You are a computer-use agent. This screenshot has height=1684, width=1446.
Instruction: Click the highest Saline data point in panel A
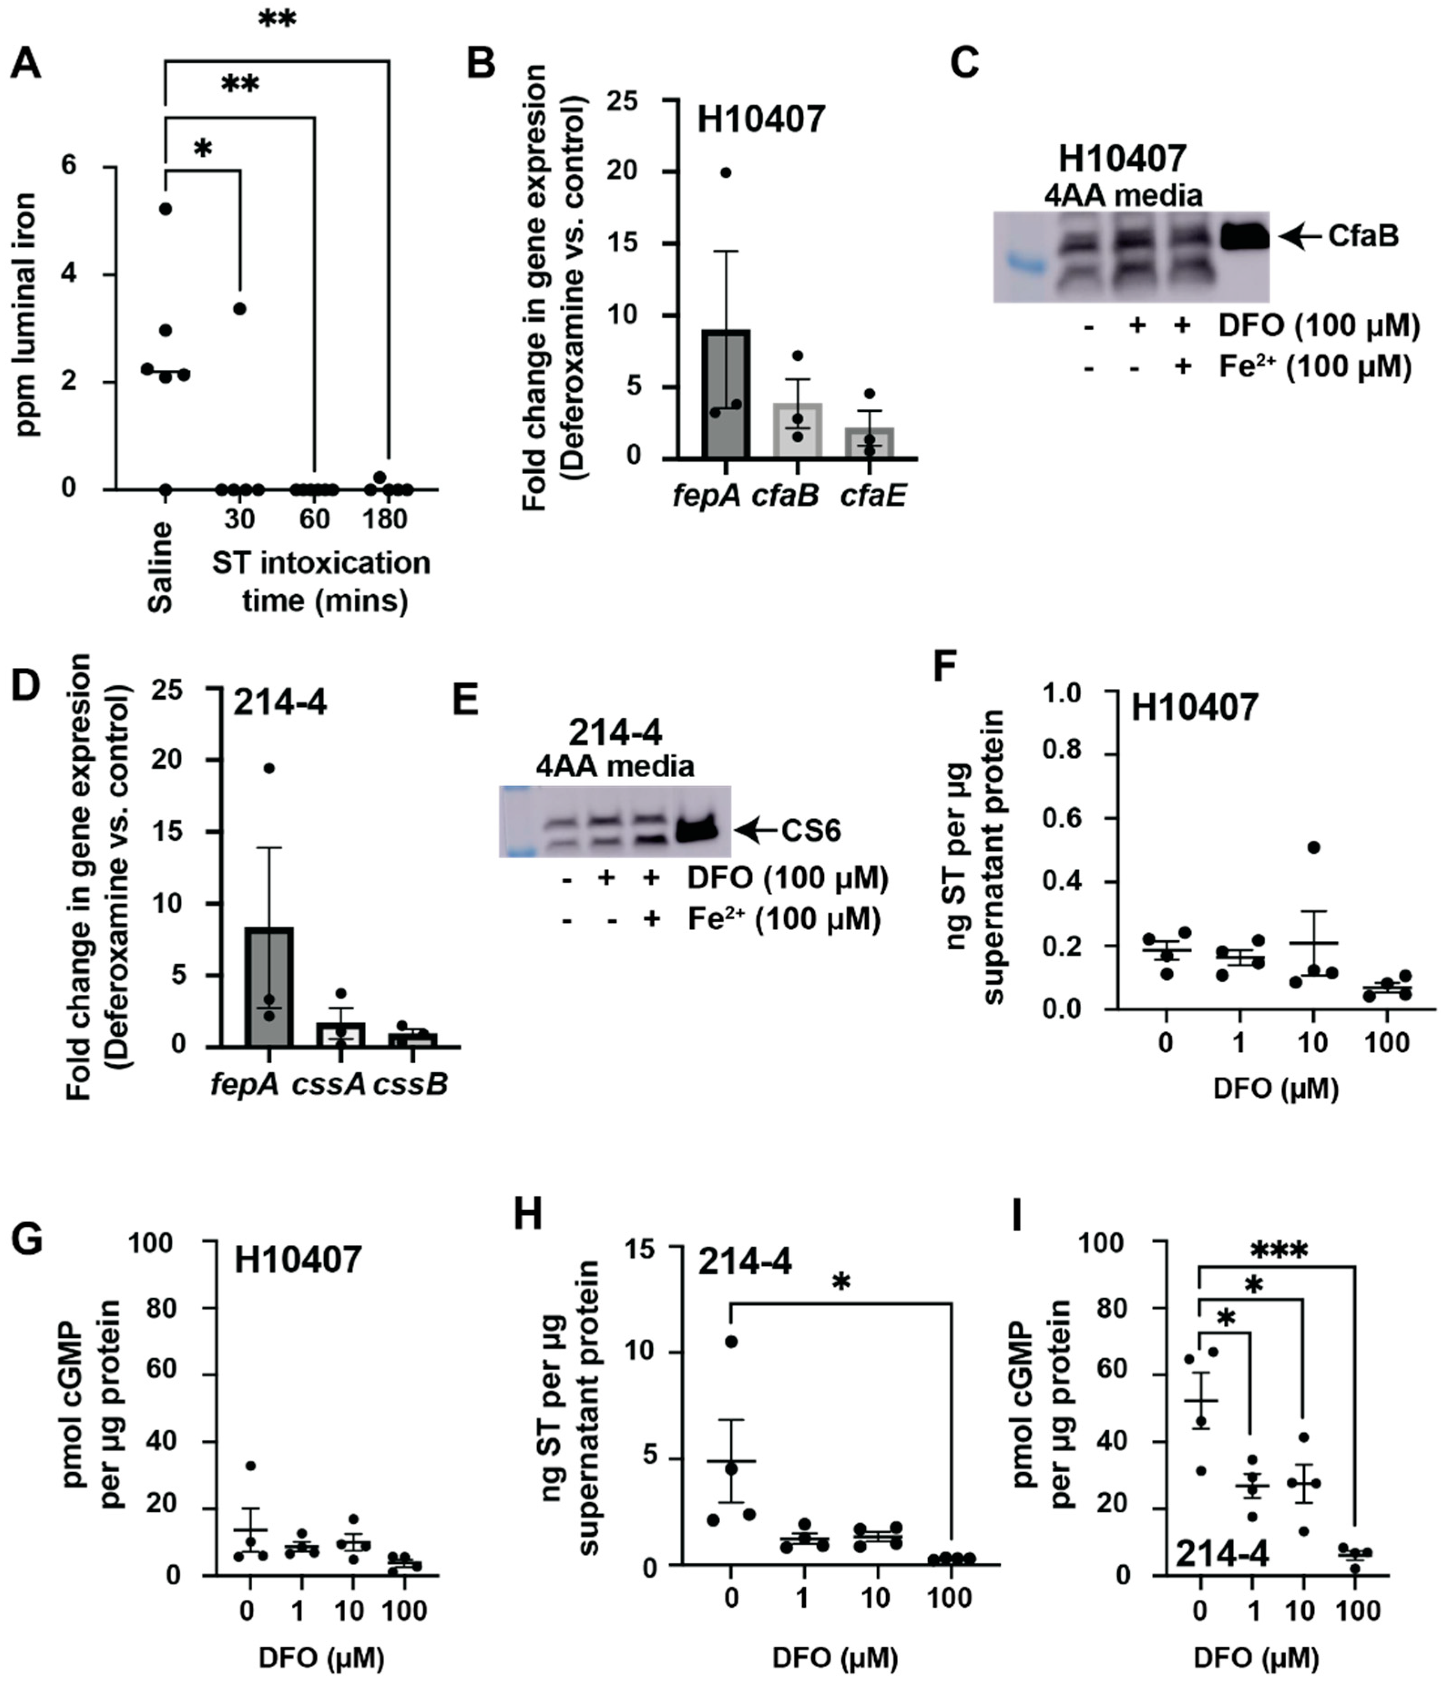click(x=166, y=209)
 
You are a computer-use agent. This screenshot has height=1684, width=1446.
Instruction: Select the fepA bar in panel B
click(x=725, y=394)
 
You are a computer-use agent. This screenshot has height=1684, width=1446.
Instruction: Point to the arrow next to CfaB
click(x=1300, y=236)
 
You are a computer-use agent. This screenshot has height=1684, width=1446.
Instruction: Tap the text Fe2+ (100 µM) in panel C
click(x=1314, y=367)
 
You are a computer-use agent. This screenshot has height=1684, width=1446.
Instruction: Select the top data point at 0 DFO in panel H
click(x=731, y=1341)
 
